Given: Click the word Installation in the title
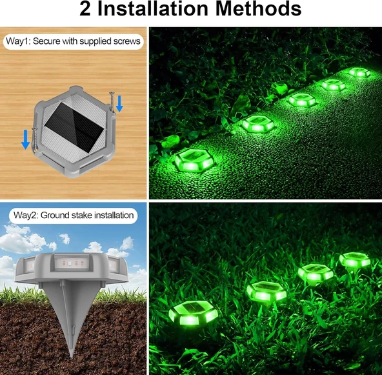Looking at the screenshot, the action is tap(152, 9).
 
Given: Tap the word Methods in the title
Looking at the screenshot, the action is tap(259, 9).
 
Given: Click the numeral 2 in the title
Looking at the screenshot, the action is tap(85, 9).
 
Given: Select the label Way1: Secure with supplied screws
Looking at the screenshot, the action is tap(73, 41).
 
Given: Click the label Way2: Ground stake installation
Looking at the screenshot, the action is tap(74, 216).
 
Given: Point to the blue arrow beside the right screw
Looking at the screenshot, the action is tap(119, 103).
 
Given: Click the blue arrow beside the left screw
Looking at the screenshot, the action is tap(25, 139).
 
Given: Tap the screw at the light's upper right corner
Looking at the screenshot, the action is tap(112, 101).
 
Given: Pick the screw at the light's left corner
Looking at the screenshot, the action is tap(35, 139).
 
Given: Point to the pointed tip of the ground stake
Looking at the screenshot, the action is tap(72, 357).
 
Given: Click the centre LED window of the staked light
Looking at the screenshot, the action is tap(71, 263).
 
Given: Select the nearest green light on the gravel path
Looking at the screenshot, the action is tap(195, 160).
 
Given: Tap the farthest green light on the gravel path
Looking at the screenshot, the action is tap(359, 72).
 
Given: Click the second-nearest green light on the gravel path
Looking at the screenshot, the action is tap(258, 124).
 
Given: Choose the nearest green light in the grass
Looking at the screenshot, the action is tap(193, 313).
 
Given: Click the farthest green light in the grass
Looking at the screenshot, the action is tap(355, 259).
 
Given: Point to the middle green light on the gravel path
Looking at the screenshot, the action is tap(303, 100).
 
